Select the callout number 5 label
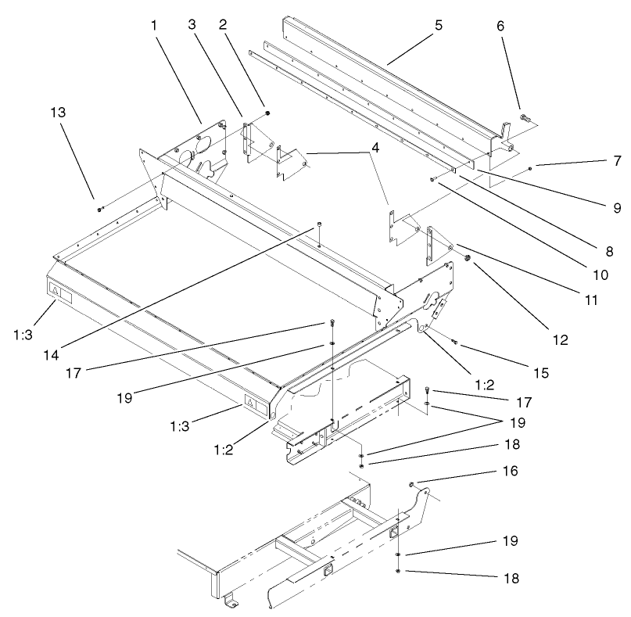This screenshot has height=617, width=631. coord(439,25)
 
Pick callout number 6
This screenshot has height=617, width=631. coord(500,25)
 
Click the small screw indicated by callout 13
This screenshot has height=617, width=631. coord(100,210)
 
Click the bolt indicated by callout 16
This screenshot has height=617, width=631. coord(411,486)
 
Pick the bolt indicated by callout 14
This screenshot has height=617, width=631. coord(320,226)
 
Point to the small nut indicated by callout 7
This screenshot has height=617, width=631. coord(531,168)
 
